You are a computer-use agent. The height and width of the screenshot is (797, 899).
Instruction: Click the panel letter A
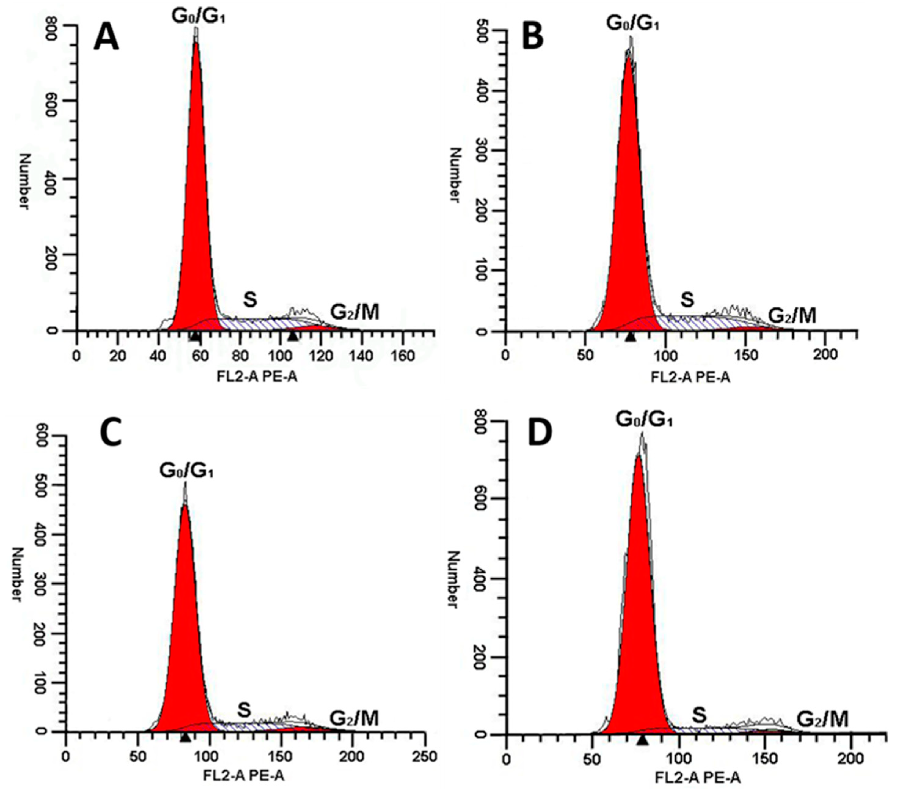[x=107, y=37]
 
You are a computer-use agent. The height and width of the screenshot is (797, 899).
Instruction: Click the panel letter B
[x=533, y=37]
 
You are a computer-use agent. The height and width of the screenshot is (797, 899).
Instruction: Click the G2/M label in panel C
[x=354, y=718]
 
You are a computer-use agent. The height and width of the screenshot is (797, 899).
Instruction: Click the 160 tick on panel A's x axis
[x=402, y=356]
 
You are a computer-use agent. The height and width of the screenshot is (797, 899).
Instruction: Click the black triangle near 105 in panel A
[x=293, y=336]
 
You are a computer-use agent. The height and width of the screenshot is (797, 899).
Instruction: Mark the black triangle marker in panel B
[x=631, y=337]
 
